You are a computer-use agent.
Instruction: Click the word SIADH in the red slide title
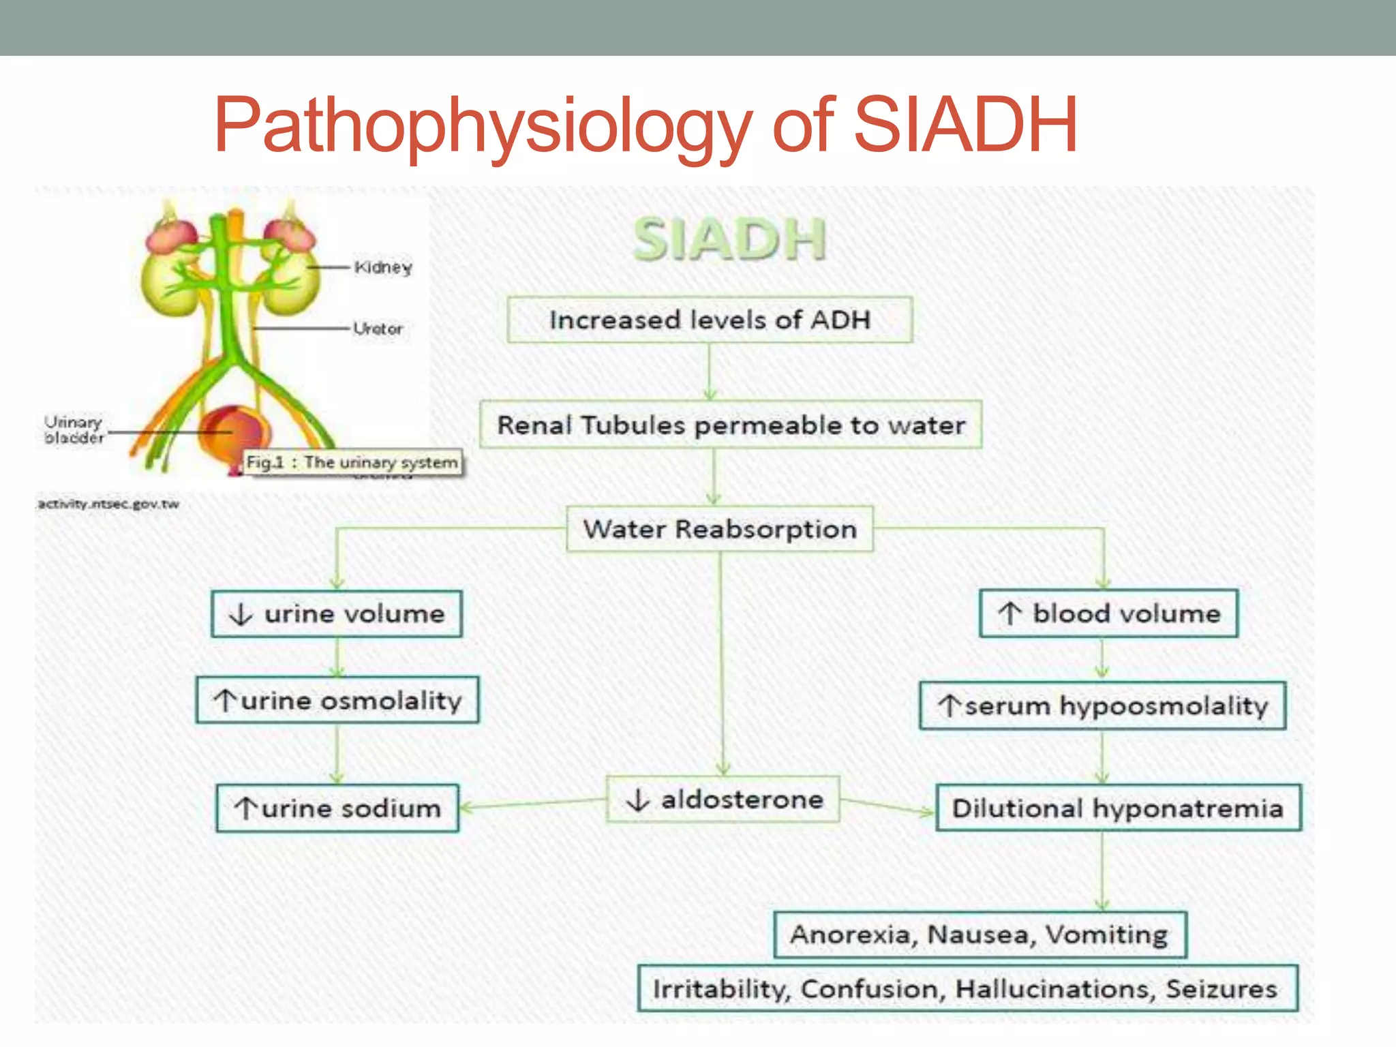click(965, 125)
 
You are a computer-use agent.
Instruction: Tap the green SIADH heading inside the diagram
click(729, 240)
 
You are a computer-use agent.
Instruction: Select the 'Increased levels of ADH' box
click(710, 320)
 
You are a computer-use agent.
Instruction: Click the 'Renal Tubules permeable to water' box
click(730, 425)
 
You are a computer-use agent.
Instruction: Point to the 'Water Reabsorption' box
click(720, 529)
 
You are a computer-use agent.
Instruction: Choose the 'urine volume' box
click(337, 614)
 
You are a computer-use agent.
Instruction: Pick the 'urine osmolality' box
click(337, 700)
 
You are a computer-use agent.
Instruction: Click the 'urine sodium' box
click(337, 808)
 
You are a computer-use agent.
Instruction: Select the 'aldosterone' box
click(723, 799)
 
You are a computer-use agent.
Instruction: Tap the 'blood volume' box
click(1108, 613)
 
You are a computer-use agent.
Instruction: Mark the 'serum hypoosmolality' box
click(1102, 705)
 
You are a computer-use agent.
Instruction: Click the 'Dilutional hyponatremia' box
click(1118, 808)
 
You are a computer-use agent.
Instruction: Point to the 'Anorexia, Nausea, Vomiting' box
click(980, 935)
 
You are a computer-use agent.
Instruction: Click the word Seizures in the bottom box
click(1221, 988)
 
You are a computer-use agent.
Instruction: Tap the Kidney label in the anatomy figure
click(383, 267)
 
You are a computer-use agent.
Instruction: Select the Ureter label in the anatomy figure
click(378, 329)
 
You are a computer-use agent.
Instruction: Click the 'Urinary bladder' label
click(74, 430)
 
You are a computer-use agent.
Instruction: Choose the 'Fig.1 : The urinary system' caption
click(352, 462)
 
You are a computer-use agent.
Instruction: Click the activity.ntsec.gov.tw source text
click(108, 504)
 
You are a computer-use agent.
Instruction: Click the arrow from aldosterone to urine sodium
click(532, 804)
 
